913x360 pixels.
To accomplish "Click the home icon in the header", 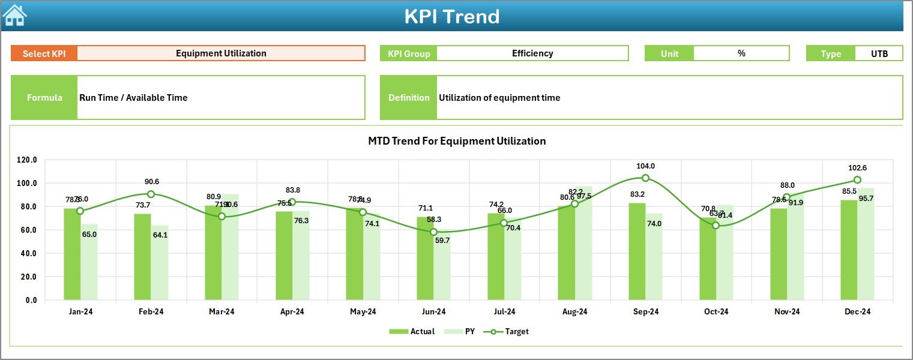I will pyautogui.click(x=14, y=16).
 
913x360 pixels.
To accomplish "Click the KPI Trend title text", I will pyautogui.click(x=451, y=16).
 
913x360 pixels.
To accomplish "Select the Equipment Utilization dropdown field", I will pyautogui.click(x=221, y=53).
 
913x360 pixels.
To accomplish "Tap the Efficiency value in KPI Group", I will pyautogui.click(x=532, y=53).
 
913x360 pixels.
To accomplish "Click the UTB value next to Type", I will pyautogui.click(x=879, y=53).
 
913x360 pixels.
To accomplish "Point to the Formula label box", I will pyautogui.click(x=44, y=98).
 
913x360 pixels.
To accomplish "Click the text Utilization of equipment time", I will pyautogui.click(x=499, y=98).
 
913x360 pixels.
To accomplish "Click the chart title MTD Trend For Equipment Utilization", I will pyautogui.click(x=457, y=141).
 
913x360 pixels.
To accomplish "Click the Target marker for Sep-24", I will pyautogui.click(x=645, y=178).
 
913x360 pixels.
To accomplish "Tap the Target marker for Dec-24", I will pyautogui.click(x=857, y=180).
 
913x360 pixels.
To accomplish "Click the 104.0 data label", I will pyautogui.click(x=645, y=166).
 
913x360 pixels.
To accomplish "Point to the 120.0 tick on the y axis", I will pyautogui.click(x=27, y=160).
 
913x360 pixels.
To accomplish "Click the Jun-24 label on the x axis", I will pyautogui.click(x=433, y=312).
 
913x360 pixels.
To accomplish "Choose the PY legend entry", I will pyautogui.click(x=463, y=331).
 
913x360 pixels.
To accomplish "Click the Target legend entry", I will pyautogui.click(x=509, y=331).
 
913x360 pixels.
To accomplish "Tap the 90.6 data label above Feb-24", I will pyautogui.click(x=151, y=182).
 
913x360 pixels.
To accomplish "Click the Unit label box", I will pyautogui.click(x=669, y=53).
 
